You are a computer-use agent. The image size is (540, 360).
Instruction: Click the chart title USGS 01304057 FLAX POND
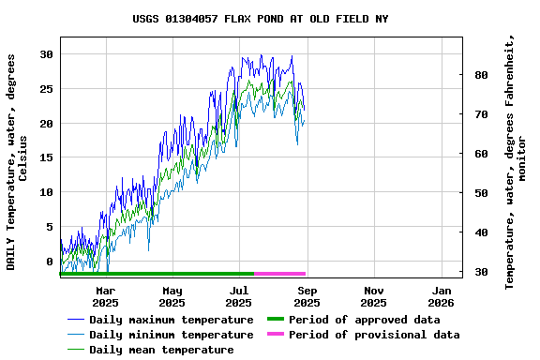tap(261, 19)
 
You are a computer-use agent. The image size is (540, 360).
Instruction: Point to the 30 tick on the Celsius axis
tap(46, 54)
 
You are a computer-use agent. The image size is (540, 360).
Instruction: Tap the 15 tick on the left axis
tap(46, 157)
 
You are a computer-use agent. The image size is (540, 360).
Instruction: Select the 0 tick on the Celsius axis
tap(50, 262)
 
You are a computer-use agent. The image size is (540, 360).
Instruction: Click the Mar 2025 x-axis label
tap(105, 296)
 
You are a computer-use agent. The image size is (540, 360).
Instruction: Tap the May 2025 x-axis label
tap(172, 296)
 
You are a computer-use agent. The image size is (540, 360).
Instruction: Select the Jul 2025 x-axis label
tap(239, 296)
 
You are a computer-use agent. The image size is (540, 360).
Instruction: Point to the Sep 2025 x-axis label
tap(307, 296)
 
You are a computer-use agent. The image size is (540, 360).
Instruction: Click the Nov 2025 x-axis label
tap(373, 296)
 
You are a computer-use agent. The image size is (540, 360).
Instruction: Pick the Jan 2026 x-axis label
tap(441, 296)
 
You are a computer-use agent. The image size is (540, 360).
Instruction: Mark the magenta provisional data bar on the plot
tap(279, 273)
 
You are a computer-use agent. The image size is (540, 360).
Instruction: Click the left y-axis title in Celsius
tap(18, 161)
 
